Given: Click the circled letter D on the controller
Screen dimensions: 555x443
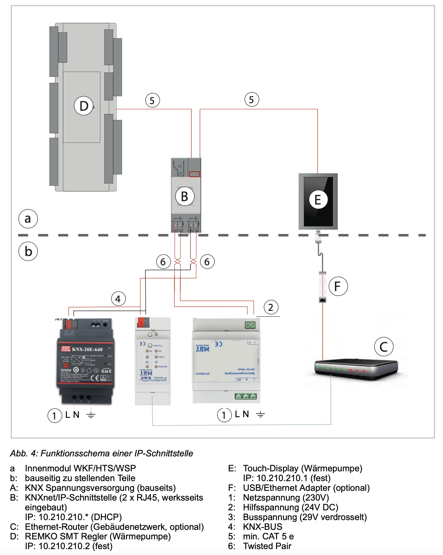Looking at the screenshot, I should click(x=84, y=106).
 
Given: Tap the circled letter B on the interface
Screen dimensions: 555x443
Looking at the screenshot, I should click(x=185, y=196).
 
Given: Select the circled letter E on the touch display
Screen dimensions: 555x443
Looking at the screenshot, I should click(x=318, y=200).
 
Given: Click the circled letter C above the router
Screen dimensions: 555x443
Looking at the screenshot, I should click(x=384, y=346).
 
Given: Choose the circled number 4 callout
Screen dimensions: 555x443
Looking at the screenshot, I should click(x=118, y=299).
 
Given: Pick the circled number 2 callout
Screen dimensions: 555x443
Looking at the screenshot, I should click(x=271, y=307).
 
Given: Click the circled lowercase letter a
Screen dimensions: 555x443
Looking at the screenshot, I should click(x=28, y=219).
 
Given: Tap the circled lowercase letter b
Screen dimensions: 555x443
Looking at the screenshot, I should click(x=28, y=251).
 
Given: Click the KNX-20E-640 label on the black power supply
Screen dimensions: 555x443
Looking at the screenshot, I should click(x=87, y=349).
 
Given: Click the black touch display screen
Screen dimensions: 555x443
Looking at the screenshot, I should click(x=318, y=201).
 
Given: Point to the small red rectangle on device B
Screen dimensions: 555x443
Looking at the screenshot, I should click(x=194, y=174).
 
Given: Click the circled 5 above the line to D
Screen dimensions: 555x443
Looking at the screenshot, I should click(x=152, y=100).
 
